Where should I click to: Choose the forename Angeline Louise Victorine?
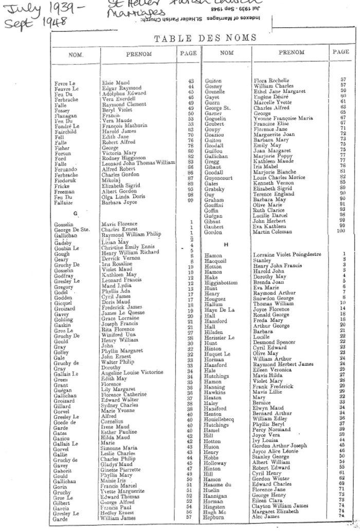[134, 372]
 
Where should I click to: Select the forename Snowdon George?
[274, 298]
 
